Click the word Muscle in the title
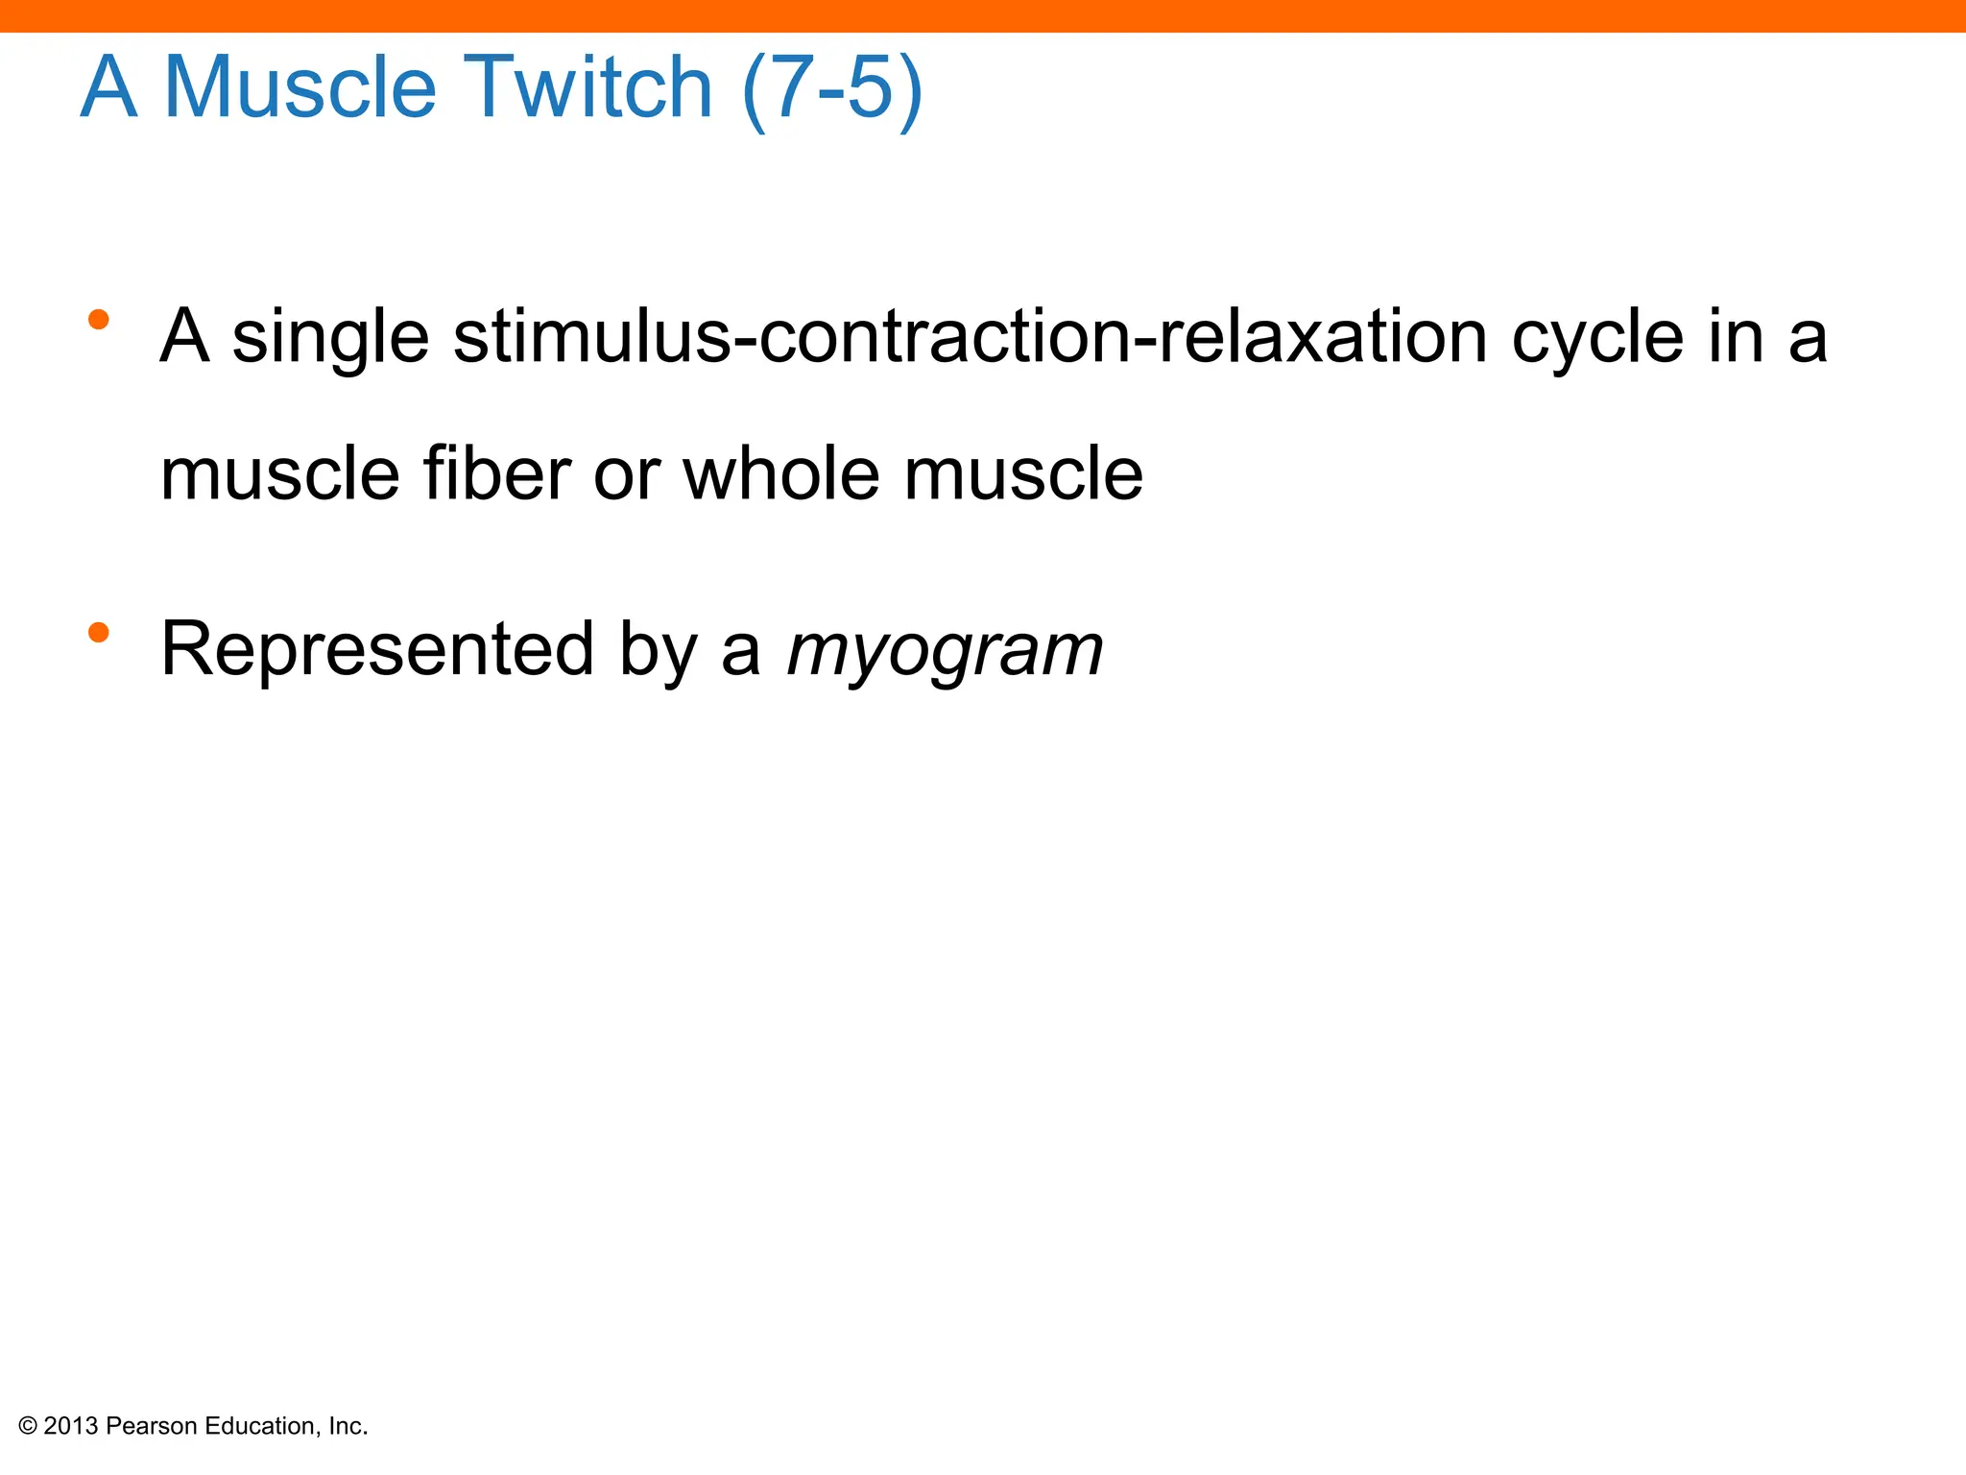300,87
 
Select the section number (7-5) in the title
832,87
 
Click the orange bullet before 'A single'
98,320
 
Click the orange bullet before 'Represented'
98,632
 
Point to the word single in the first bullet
330,339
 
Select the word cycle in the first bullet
1597,339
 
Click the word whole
780,473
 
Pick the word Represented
377,649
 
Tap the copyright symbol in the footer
28,1427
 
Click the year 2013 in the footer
71,1427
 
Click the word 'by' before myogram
658,651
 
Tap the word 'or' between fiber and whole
626,475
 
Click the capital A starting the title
108,87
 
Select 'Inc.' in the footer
348,1427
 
